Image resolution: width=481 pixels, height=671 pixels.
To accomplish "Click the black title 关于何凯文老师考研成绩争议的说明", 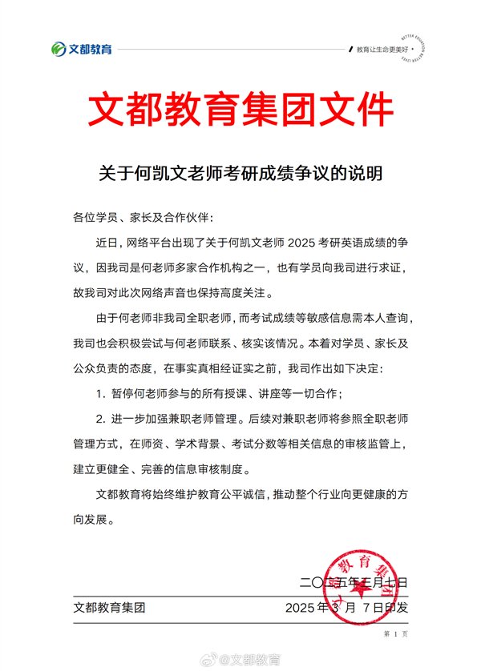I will (x=240, y=172).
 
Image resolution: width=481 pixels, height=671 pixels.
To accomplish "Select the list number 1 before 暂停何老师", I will (x=100, y=394).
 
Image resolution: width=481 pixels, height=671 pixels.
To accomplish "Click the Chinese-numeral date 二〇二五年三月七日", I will (x=353, y=581).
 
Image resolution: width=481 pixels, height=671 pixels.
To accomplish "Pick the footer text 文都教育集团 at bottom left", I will (x=109, y=608).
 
